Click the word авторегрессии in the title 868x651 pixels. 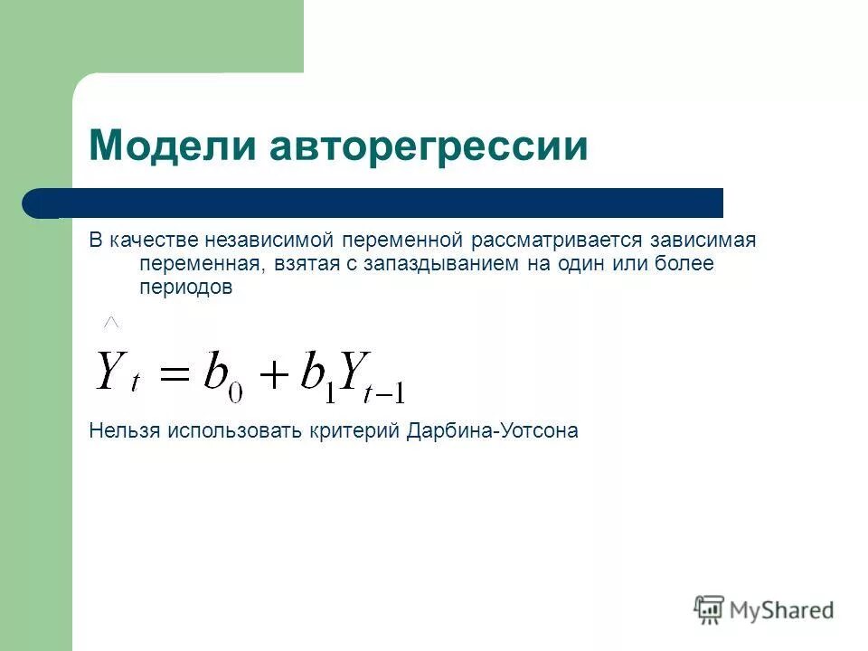coord(426,146)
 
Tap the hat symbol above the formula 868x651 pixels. coord(112,321)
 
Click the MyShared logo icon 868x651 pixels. coord(709,609)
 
